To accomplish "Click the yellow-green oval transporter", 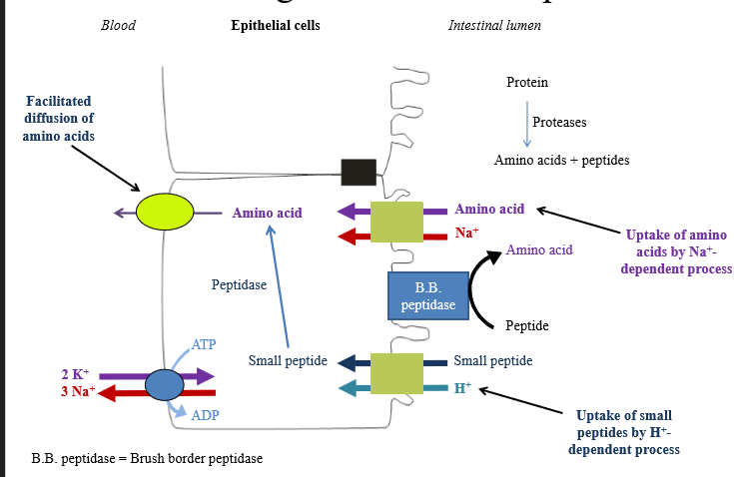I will coord(165,213).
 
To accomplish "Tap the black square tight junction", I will coord(359,172).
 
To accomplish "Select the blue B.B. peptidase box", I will coord(427,296).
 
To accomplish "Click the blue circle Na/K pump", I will coord(165,384).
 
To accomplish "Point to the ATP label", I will coord(204,344).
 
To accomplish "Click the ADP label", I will coord(205,415).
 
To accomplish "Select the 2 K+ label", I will coord(78,374).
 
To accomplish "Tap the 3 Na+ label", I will coord(78,391).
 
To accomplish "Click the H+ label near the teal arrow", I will coord(462,388).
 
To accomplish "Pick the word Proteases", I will coord(559,122).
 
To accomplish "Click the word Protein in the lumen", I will coord(526,82).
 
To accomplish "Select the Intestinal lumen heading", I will coord(494,25).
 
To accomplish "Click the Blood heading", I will coord(118,25).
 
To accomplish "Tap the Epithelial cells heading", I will coord(276,25).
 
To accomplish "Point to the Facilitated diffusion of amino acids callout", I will coord(59,118).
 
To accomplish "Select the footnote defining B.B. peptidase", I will coord(147,459).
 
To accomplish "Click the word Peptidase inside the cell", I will coord(239,284).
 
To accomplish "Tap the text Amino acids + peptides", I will coord(561,160).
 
